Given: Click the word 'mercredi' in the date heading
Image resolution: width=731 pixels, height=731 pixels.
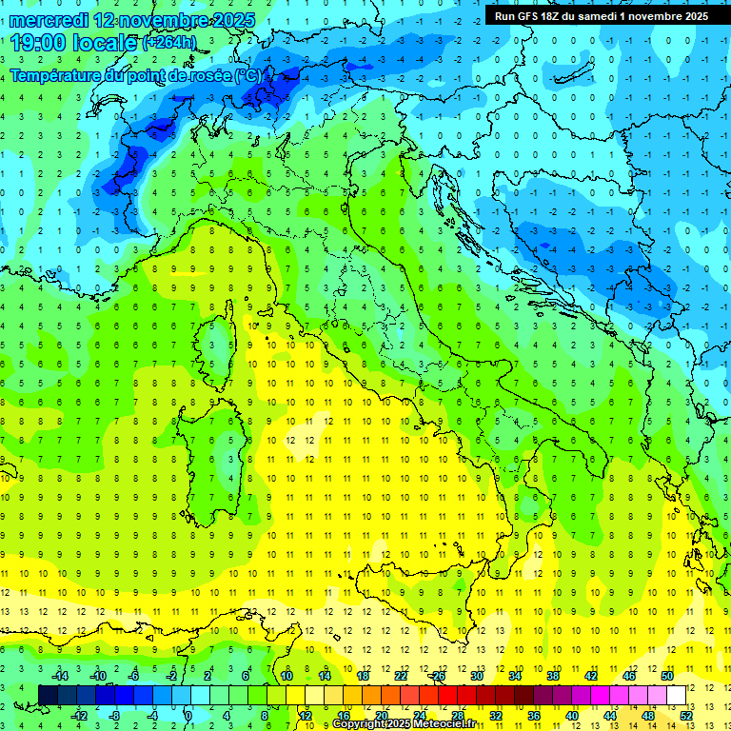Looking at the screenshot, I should tap(45, 20).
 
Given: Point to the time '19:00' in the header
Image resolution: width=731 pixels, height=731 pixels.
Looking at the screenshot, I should tap(41, 42).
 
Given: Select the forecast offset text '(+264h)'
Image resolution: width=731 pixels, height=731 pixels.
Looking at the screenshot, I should tap(169, 43).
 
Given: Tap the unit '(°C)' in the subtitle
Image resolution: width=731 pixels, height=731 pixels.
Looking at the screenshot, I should tap(247, 75).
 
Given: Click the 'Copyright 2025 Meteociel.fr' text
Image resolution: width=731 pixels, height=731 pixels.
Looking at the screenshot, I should tap(403, 724).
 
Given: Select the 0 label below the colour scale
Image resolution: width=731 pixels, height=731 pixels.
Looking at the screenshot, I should tap(188, 715).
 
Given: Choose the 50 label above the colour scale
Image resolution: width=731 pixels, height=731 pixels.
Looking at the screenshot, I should tap(666, 676).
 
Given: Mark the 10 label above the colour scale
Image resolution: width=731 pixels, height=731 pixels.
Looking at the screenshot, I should tap(286, 676).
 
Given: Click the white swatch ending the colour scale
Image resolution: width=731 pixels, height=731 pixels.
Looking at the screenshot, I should tap(676, 695).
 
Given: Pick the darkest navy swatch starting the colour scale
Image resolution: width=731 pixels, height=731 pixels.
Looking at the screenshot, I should tap(48, 695).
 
